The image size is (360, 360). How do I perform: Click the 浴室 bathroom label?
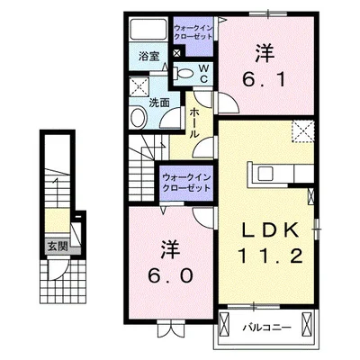(x=148, y=56)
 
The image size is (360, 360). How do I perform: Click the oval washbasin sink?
(x=140, y=117)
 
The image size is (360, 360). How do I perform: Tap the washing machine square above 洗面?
(x=139, y=87)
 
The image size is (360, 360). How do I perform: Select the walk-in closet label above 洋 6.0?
(x=187, y=184)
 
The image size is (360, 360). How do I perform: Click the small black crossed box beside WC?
(x=177, y=52)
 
